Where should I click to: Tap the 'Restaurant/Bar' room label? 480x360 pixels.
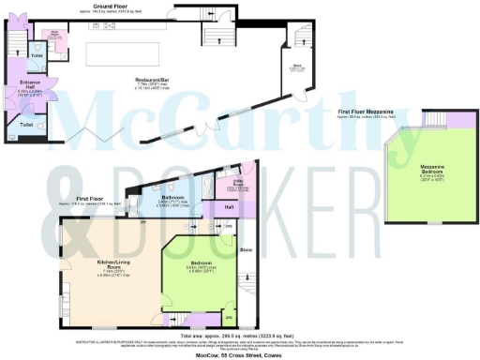coord(143,80)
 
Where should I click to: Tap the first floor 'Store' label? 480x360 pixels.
coord(247,250)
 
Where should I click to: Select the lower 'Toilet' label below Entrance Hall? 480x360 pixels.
coord(27,124)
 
